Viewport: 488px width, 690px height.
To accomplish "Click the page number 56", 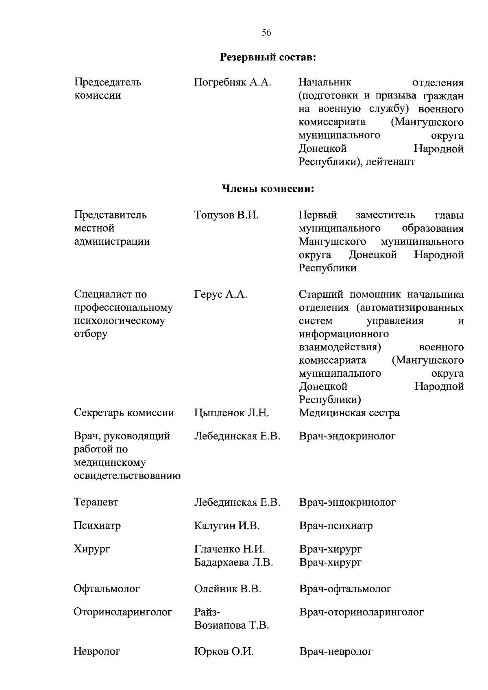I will pos(266,33).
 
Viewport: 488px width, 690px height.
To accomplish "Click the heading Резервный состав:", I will pos(268,57).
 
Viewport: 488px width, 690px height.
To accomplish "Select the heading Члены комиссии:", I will pos(268,189).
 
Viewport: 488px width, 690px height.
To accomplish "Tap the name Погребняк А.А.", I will pos(232,83).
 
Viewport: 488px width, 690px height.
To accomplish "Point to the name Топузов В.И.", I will pos(226,215).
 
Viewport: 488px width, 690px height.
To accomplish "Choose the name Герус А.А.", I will pos(220,294).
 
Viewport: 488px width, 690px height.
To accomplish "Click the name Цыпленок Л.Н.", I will pos(231,413).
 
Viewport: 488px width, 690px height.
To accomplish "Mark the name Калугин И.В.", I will pos(227,526).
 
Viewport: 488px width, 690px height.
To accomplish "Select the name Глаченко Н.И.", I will pos(229,549).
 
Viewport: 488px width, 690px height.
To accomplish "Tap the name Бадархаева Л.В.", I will pos(233,562).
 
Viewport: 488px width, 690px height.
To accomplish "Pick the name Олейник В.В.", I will pos(227,589).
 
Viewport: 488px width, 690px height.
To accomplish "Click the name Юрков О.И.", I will pos(224,652).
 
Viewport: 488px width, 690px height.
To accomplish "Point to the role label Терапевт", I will pos(96,502).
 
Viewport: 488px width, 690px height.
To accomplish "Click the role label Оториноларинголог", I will pos(123,612).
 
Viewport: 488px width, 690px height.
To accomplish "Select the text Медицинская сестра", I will pos(349,413).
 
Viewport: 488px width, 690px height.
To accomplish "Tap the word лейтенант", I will pos(390,162).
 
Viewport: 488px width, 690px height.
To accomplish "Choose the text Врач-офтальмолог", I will pos(345,589).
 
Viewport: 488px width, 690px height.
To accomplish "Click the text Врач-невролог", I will pos(336,652).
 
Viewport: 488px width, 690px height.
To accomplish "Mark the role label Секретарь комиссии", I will pos(124,413).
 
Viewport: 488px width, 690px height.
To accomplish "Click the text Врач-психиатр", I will pos(336,526).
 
